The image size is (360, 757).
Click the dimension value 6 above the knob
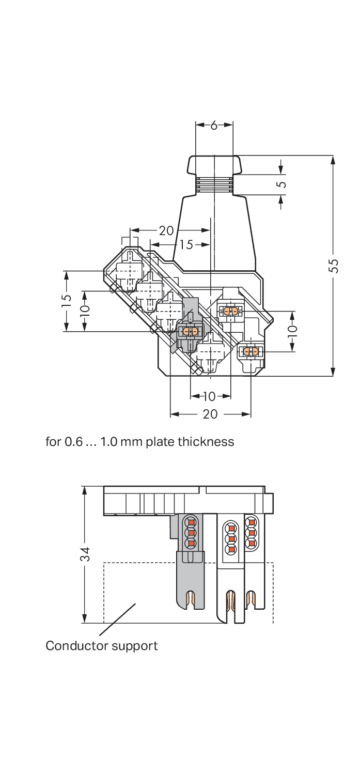click(x=214, y=125)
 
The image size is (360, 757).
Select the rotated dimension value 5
click(x=281, y=184)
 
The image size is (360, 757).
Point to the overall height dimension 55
click(x=334, y=266)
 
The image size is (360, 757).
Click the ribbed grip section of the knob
click(x=214, y=185)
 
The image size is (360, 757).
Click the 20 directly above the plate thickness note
click(x=210, y=414)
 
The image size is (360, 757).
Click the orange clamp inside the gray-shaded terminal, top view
click(x=190, y=331)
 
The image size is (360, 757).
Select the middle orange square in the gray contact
click(x=191, y=532)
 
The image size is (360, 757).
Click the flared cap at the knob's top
click(x=214, y=165)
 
